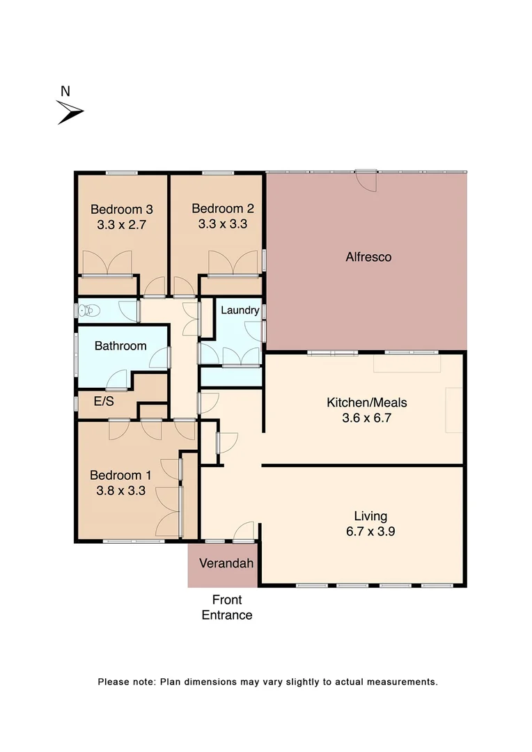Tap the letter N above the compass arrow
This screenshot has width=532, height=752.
[65, 91]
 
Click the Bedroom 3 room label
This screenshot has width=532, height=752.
[122, 209]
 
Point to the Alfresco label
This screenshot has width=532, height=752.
[368, 257]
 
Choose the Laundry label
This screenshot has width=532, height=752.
[240, 311]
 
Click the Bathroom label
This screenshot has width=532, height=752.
[120, 346]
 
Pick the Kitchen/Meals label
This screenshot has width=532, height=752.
[367, 402]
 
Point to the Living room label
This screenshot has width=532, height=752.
[370, 516]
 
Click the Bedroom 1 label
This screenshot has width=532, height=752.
[120, 475]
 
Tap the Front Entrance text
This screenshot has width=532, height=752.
[226, 607]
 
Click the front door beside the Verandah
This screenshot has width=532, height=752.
[243, 532]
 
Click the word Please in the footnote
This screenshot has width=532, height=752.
[113, 682]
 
